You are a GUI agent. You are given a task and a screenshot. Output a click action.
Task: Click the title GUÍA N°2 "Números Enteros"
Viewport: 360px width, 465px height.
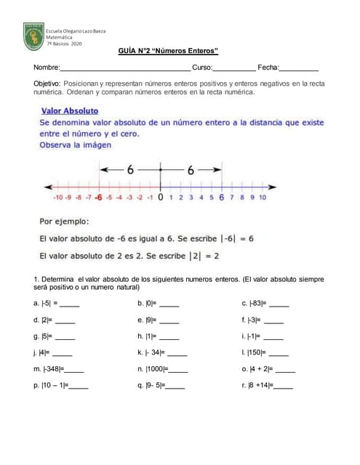(x=168, y=52)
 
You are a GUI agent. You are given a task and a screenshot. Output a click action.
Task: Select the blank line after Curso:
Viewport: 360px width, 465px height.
(x=233, y=68)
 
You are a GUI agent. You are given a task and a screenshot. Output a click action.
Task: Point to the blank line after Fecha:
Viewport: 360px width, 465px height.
(x=299, y=68)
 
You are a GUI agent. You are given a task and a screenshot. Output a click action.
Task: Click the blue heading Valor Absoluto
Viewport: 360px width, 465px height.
(x=68, y=110)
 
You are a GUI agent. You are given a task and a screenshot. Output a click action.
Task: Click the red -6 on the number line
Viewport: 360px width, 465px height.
(x=97, y=197)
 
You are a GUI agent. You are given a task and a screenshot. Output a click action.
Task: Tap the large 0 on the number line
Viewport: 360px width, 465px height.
(x=160, y=197)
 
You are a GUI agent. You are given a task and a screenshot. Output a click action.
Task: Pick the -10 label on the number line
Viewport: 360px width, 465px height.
(x=57, y=197)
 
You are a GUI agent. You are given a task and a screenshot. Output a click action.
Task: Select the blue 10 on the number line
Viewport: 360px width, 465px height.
(x=262, y=197)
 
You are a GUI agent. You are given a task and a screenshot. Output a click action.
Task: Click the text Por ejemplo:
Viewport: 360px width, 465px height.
(x=64, y=221)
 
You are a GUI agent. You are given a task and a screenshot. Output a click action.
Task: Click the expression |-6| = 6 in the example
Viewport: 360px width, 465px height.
(x=228, y=238)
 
